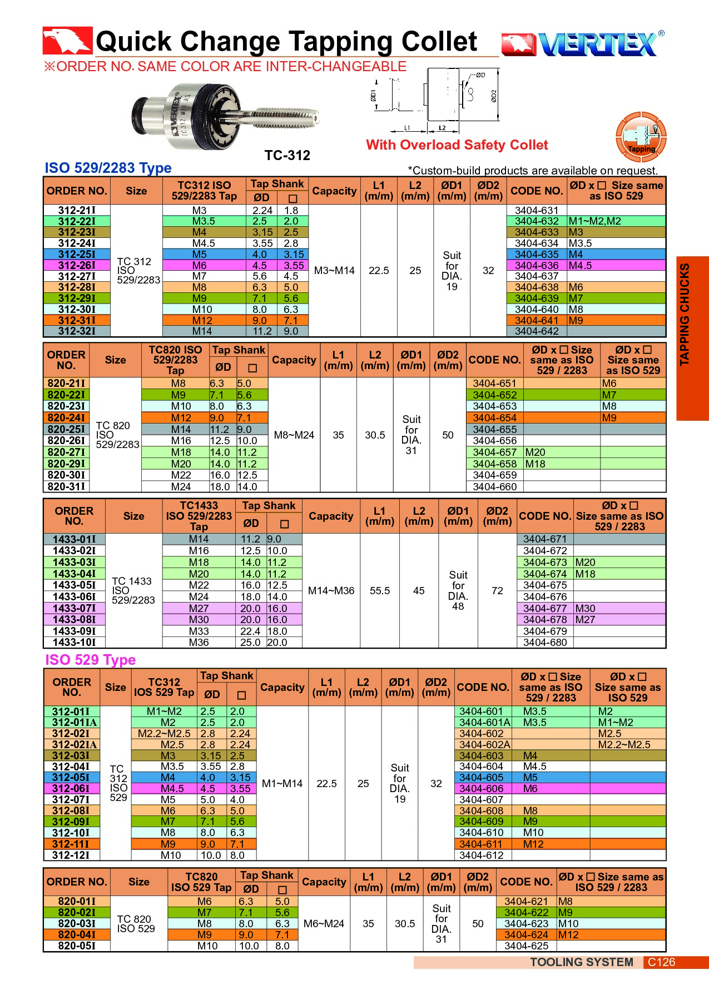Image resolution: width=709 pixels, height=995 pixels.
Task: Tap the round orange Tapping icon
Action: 641,137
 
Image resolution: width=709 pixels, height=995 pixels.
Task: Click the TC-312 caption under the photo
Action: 287,156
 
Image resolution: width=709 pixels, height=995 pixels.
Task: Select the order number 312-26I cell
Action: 77,265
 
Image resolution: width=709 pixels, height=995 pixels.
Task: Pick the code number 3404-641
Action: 536,320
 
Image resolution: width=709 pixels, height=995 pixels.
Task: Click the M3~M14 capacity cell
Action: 334,271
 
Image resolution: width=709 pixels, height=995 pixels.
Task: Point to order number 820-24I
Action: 66,417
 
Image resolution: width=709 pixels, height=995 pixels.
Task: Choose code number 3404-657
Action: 494,452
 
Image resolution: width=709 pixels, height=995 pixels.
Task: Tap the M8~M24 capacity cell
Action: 294,435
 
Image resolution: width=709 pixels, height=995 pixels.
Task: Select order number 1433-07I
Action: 74,608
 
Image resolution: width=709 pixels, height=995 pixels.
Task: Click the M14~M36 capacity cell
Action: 331,591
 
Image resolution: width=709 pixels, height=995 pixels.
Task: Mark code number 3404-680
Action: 545,643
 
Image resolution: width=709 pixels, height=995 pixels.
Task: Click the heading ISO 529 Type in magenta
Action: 90,660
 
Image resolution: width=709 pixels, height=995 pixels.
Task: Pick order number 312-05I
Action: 71,778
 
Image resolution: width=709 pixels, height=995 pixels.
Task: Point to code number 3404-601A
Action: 484,723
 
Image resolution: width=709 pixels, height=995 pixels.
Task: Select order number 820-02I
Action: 77,912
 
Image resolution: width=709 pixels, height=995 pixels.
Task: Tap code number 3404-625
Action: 526,946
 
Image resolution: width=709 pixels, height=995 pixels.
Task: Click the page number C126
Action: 661,962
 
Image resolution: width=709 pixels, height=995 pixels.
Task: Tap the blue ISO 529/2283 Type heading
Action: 108,168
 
